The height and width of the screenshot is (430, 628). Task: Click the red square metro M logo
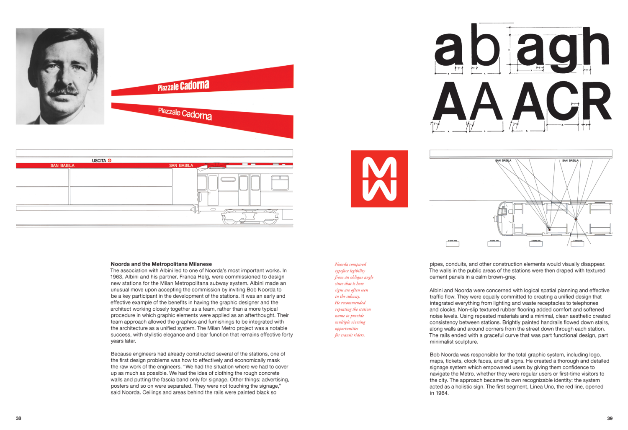(x=379, y=179)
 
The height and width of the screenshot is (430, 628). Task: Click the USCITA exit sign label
(x=99, y=160)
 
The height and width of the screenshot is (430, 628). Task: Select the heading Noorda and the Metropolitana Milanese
(x=161, y=264)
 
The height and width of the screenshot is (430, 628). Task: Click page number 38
(x=18, y=418)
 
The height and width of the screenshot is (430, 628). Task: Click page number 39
(x=610, y=418)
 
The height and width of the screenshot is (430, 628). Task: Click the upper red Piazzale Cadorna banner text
(x=183, y=86)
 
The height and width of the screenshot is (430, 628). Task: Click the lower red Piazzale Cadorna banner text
(x=185, y=113)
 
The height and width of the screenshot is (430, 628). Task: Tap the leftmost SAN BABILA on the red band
(x=62, y=166)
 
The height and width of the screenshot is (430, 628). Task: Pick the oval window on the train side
(x=228, y=179)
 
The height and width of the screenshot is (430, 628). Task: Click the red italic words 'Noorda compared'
(x=350, y=264)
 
